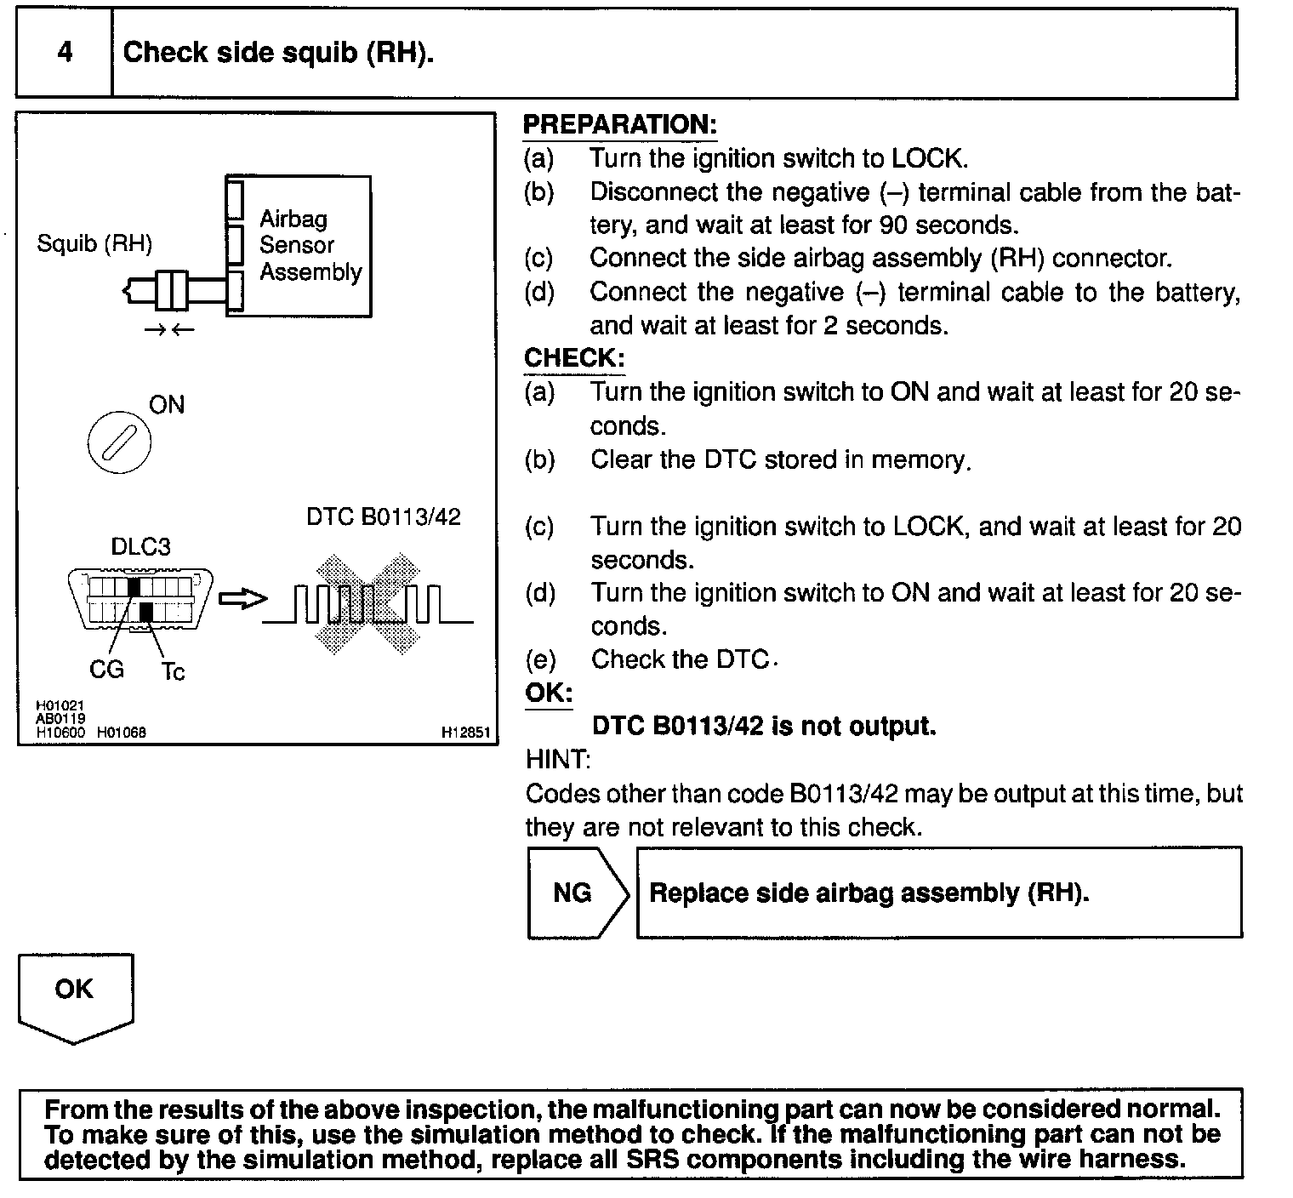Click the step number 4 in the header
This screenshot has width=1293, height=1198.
[65, 53]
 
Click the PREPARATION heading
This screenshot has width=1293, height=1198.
[619, 125]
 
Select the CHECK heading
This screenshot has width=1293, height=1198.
[573, 358]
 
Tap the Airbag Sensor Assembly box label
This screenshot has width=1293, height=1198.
[310, 246]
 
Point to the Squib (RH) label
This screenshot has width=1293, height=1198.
[94, 245]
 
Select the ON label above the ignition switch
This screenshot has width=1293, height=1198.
[167, 405]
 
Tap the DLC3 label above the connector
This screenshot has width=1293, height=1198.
[140, 547]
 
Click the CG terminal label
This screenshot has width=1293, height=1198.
[106, 670]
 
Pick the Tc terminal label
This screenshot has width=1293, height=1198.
[173, 672]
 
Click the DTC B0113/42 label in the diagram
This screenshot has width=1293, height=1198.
[384, 517]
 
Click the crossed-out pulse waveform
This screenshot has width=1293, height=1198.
[368, 603]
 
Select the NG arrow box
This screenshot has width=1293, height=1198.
[577, 893]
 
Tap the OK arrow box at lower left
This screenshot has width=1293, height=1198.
[75, 995]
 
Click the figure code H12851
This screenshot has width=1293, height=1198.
[465, 733]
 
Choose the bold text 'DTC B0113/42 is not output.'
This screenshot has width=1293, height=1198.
[763, 726]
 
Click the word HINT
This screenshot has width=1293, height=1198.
[556, 759]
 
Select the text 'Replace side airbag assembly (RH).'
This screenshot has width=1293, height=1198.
[869, 893]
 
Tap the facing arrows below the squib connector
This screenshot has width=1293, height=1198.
[169, 330]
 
